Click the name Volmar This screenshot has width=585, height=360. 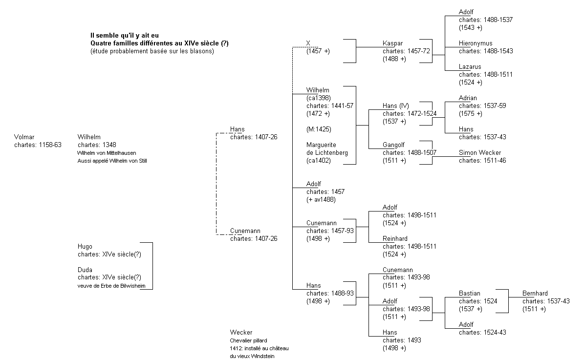pos(24,137)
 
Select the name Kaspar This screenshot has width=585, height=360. pos(393,43)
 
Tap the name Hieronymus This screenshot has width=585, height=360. pos(475,43)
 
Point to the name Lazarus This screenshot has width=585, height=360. pos(470,67)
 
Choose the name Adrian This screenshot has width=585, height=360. pos(468,98)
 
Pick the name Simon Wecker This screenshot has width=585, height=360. pos(480,153)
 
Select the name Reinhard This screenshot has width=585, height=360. pos(395,239)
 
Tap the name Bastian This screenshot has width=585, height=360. pos(469,294)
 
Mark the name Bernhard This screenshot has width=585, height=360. pos(535,294)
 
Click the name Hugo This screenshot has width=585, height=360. pos(85,247)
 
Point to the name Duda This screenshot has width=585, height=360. pos(85,270)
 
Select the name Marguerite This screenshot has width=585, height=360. pos(321,145)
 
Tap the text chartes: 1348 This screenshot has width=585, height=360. pos(97,145)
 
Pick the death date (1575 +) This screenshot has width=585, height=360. pos(470,114)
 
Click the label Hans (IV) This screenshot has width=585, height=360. pos(395,106)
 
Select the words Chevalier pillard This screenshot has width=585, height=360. pos(248,340)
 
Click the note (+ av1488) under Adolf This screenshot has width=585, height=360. pos(321,199)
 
